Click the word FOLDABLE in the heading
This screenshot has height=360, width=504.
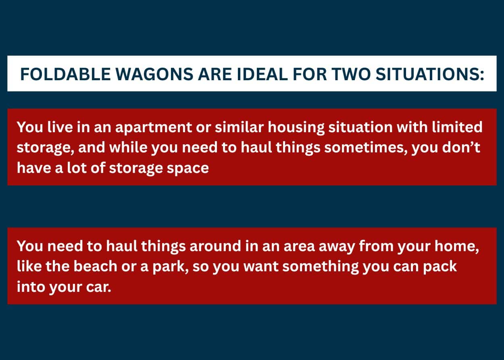tap(65, 74)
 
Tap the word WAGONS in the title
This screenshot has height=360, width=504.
tap(154, 74)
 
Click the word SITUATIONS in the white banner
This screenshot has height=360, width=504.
tap(430, 74)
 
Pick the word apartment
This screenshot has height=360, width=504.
tap(154, 128)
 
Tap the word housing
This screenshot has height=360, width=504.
tap(296, 128)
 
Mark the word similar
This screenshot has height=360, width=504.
tap(239, 127)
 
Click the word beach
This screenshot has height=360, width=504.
tap(96, 266)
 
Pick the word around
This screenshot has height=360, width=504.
tap(216, 246)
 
